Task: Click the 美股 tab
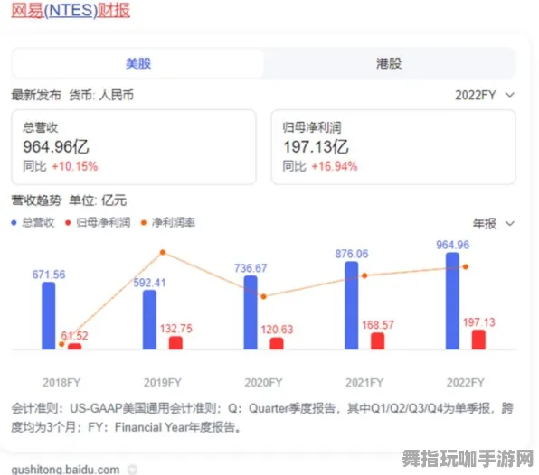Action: tap(137, 63)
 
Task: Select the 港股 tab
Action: tap(388, 63)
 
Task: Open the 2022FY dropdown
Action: tap(484, 94)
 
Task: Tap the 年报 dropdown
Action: tap(493, 223)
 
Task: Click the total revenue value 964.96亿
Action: tap(56, 147)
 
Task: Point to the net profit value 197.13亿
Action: tap(317, 147)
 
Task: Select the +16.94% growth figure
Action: tap(334, 166)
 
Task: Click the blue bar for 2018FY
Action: tap(49, 315)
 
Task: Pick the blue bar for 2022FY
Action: tap(452, 301)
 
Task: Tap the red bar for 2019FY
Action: tap(175, 342)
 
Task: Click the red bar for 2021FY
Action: tap(377, 340)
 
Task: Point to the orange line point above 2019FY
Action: tap(163, 253)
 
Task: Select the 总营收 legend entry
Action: tap(33, 222)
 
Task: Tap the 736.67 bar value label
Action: tap(251, 268)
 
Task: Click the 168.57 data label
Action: tap(377, 325)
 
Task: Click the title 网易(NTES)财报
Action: tap(71, 11)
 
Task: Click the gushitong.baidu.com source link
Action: tap(65, 469)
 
